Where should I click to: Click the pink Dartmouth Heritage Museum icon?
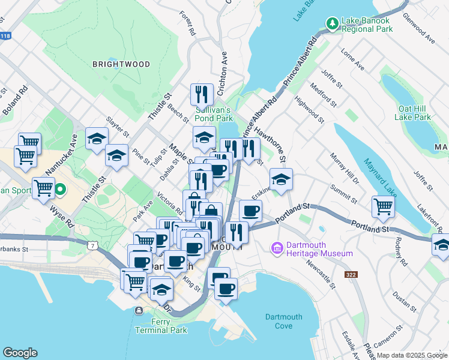[x=277, y=248]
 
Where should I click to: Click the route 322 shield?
[x=352, y=275]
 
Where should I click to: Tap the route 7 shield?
[x=91, y=245]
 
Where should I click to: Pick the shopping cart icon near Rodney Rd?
[x=383, y=207]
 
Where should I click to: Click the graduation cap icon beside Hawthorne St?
[x=280, y=179]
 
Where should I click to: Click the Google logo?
[x=20, y=353]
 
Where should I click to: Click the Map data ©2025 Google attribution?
[x=411, y=355]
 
